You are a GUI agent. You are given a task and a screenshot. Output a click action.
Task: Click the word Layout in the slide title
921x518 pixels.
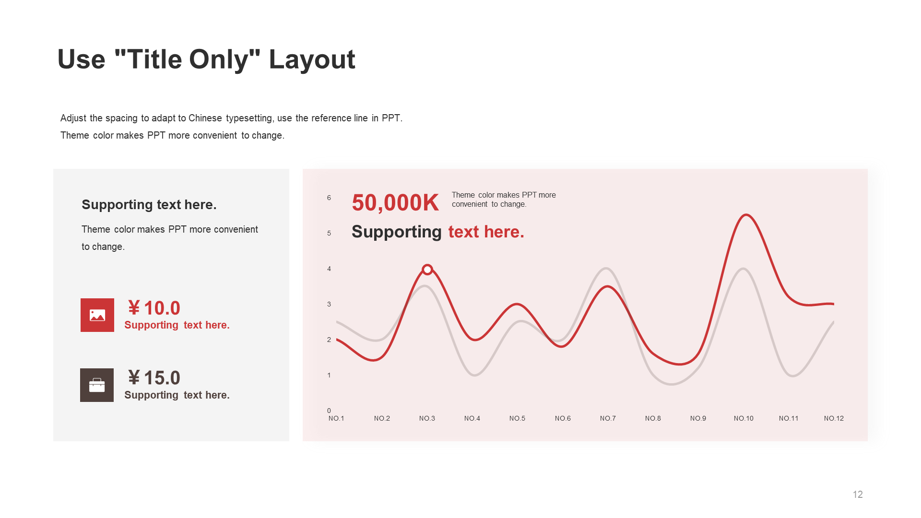pyautogui.click(x=312, y=60)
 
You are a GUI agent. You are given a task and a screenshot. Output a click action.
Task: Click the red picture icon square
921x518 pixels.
pyautogui.click(x=97, y=315)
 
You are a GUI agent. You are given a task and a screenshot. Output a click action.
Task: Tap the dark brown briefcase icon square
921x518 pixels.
pyautogui.click(x=97, y=385)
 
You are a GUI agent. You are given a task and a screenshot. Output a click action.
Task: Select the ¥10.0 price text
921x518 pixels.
pyautogui.click(x=154, y=308)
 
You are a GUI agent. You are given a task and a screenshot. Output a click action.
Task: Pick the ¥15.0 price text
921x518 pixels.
pyautogui.click(x=154, y=378)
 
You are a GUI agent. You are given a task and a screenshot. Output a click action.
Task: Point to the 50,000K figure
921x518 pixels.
pyautogui.click(x=395, y=202)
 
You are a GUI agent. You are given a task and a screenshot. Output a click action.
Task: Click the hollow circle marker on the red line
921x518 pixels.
pyautogui.click(x=427, y=270)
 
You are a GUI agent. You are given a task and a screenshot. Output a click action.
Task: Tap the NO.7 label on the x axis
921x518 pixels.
pyautogui.click(x=608, y=418)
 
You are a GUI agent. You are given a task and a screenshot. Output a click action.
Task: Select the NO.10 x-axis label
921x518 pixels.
pyautogui.click(x=744, y=418)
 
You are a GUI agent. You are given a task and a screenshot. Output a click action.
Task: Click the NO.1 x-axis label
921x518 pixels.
pyautogui.click(x=336, y=418)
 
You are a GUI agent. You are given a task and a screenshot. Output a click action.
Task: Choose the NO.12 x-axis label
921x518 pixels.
pyautogui.click(x=834, y=418)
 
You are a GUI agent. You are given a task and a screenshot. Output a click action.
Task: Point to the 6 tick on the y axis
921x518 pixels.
pyautogui.click(x=329, y=198)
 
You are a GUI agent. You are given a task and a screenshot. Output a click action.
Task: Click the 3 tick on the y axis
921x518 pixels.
pyautogui.click(x=329, y=304)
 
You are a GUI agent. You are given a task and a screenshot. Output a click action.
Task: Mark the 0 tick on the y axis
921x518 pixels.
pyautogui.click(x=329, y=411)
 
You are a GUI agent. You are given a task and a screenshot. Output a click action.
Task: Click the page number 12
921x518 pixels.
pyautogui.click(x=858, y=494)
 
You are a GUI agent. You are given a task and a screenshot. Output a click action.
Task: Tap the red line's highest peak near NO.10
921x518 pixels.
pyautogui.click(x=746, y=215)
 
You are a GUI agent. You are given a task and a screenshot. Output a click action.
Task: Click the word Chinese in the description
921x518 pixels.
pyautogui.click(x=205, y=118)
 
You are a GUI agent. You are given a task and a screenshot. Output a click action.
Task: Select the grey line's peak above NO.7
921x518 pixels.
pyautogui.click(x=606, y=268)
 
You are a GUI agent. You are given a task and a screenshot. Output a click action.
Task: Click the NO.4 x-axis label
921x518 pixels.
pyautogui.click(x=472, y=418)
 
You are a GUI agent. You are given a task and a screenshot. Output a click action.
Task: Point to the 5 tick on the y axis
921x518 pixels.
pyautogui.click(x=329, y=233)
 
